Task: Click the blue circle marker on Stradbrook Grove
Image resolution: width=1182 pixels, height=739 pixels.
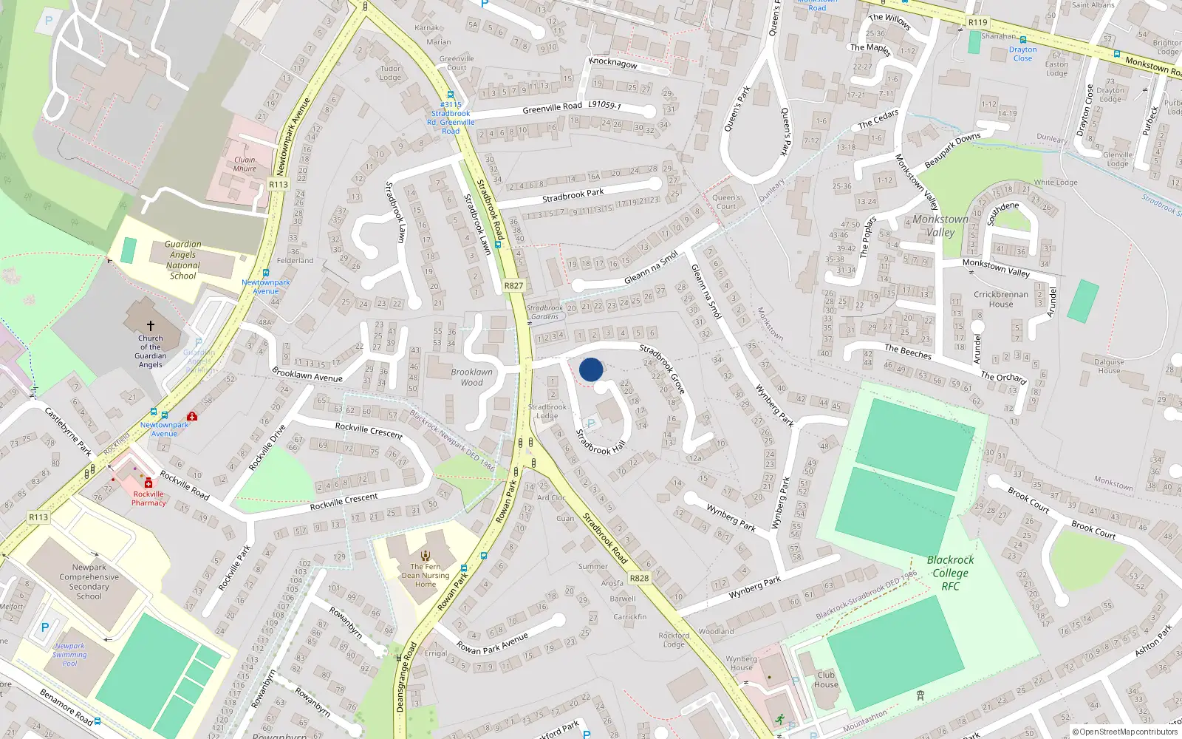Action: (591, 369)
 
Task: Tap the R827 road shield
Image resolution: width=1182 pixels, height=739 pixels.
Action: (513, 285)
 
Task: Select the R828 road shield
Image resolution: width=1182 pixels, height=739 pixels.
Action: (639, 578)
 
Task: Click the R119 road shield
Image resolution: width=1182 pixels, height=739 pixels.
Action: (977, 22)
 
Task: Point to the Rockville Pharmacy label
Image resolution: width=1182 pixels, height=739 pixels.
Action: (148, 498)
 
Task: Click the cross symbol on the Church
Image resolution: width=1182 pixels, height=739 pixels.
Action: (151, 325)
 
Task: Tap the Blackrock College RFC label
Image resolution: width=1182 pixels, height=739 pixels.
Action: (950, 573)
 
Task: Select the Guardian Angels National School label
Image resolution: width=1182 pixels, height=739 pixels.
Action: (183, 260)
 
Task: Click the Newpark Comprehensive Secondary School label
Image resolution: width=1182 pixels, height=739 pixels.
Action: (89, 582)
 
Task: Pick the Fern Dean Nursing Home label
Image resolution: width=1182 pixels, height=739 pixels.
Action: (426, 575)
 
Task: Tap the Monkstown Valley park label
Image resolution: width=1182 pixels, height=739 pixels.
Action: (940, 225)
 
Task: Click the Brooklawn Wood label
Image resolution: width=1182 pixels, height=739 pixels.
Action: (471, 377)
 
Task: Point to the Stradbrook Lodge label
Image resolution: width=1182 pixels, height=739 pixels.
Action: (547, 411)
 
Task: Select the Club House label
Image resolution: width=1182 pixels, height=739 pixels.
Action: (826, 679)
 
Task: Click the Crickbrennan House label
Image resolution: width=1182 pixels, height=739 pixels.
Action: (1001, 299)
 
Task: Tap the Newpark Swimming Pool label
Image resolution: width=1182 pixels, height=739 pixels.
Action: (69, 654)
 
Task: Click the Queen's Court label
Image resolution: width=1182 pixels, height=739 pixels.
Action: (726, 202)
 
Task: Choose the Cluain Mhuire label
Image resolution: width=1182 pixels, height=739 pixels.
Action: (245, 164)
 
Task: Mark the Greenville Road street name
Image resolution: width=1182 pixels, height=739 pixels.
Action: (552, 108)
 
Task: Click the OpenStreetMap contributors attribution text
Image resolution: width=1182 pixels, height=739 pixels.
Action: (1125, 732)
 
